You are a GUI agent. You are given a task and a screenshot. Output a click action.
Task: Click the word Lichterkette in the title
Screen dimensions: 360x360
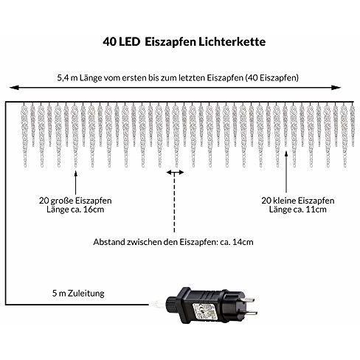(232, 42)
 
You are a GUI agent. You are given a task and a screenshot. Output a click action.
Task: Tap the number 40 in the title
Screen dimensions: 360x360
(109, 42)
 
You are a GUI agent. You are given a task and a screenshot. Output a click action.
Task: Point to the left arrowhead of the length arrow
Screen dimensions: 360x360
(14, 88)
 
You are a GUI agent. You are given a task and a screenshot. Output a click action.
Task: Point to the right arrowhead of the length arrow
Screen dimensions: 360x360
(336, 88)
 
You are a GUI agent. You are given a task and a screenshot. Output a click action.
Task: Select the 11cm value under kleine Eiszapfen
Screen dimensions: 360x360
(316, 210)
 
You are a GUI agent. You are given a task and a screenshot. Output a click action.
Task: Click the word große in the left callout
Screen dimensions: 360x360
(62, 201)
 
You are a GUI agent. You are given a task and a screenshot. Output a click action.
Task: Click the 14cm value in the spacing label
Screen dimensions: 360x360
(243, 242)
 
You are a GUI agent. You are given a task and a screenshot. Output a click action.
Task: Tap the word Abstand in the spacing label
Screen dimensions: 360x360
(109, 242)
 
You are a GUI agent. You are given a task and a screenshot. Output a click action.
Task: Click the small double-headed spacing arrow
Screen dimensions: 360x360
(175, 173)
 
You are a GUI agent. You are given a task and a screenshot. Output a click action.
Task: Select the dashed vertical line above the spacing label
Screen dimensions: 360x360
(174, 203)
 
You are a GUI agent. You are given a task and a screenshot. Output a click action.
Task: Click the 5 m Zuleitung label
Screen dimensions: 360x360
(78, 294)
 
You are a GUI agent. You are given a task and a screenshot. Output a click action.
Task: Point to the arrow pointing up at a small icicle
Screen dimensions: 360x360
(286, 172)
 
